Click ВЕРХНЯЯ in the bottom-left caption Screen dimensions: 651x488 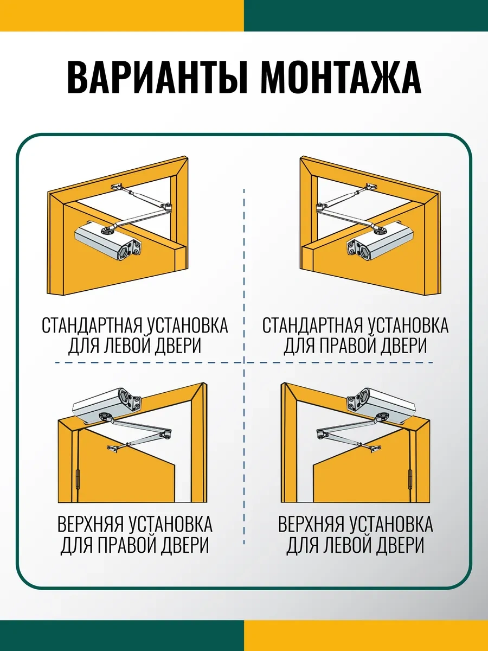click(x=91, y=525)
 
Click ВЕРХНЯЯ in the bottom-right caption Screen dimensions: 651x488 click(x=311, y=525)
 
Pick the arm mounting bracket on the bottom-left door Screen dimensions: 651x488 click(x=114, y=448)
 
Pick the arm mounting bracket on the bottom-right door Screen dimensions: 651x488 click(x=374, y=448)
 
